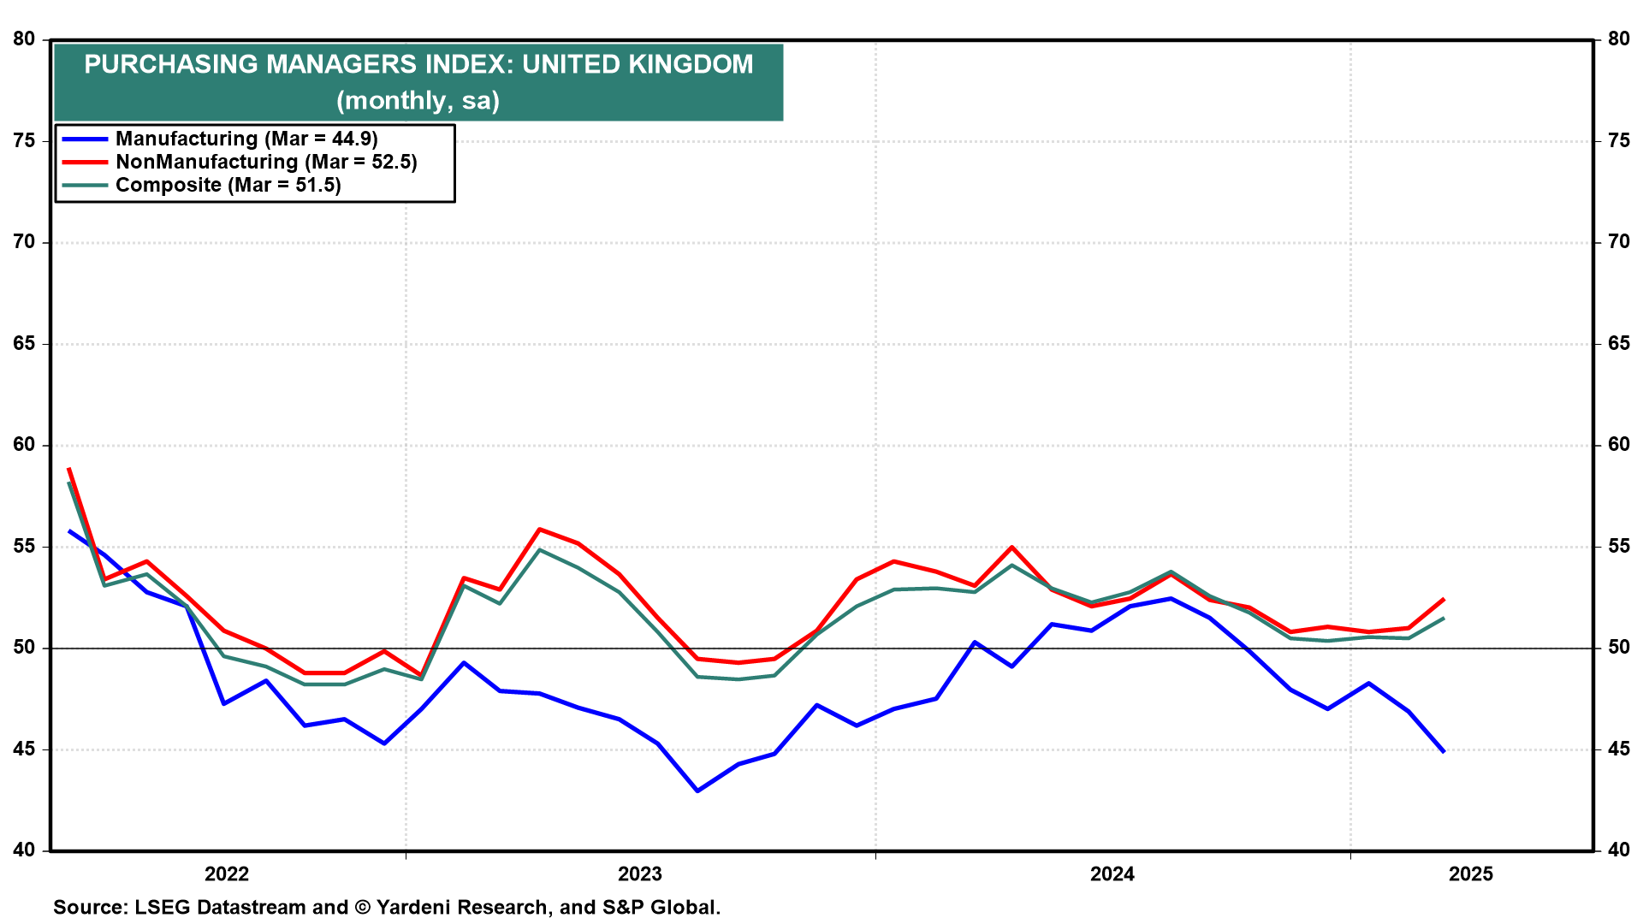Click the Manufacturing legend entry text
[246, 139]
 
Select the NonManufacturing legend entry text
[266, 162]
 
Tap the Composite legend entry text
[228, 185]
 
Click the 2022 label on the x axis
[227, 874]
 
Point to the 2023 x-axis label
[640, 874]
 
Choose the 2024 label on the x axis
[1112, 874]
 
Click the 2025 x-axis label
[1471, 874]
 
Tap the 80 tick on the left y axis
[24, 39]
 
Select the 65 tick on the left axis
[24, 344]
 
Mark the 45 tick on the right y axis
[1619, 749]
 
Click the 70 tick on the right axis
[1619, 242]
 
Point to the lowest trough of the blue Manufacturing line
[697, 791]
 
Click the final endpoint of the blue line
[1444, 751]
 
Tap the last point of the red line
[1444, 599]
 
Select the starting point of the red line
[68, 469]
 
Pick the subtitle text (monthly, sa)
[418, 101]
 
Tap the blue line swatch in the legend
[85, 139]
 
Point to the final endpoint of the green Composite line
[1444, 619]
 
